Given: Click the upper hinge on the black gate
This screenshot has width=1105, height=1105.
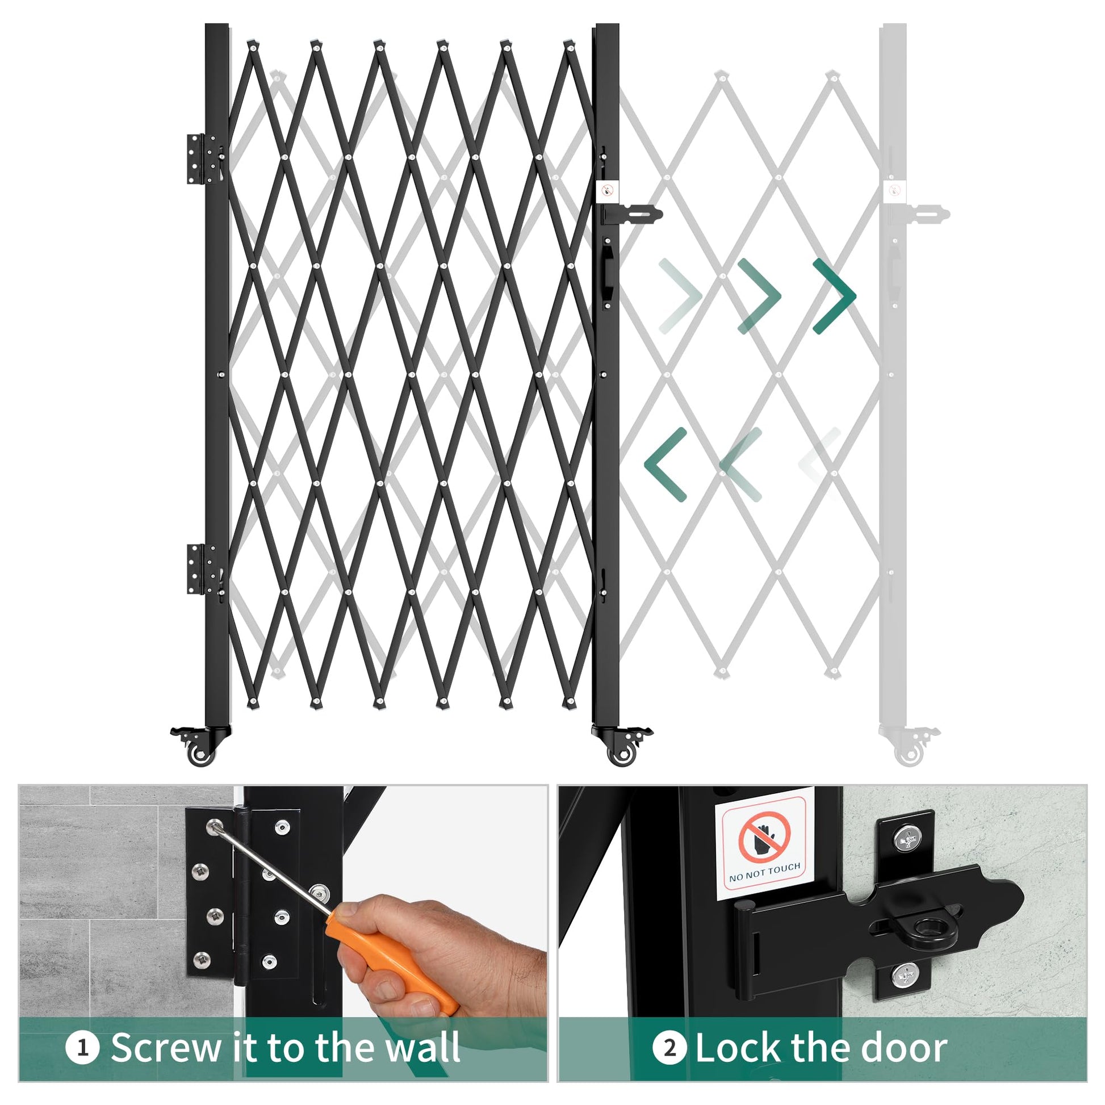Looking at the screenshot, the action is (x=204, y=159).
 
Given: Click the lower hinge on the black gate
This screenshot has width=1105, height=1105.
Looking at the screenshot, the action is (x=204, y=570).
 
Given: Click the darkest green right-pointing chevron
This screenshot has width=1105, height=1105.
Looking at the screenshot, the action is (x=835, y=296).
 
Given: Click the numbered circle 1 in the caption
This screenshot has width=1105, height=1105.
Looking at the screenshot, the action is (x=82, y=1048).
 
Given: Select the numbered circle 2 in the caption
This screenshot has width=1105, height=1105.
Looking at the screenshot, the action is (x=669, y=1048).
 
